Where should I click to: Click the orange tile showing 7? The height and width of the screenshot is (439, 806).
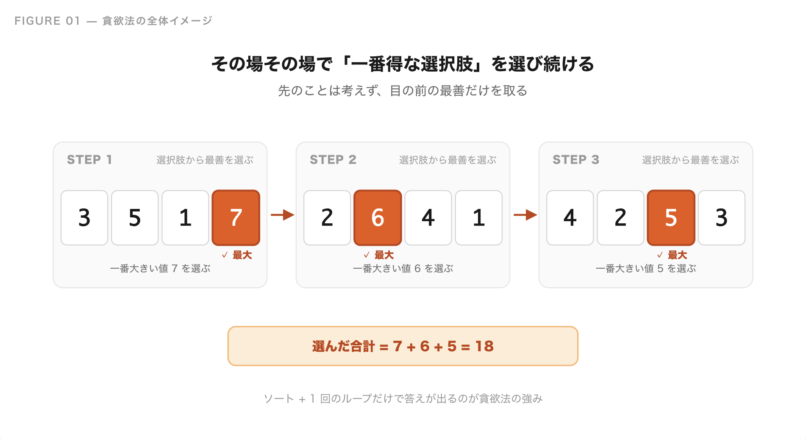236,218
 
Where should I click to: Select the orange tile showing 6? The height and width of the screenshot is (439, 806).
378,218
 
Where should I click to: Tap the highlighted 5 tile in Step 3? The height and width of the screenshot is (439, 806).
671,218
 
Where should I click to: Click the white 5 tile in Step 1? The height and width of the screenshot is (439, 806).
135,218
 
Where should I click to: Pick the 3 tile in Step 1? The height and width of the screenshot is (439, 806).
84,218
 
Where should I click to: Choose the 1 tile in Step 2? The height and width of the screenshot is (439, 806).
479,218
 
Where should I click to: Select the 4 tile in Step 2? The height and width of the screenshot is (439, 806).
428,218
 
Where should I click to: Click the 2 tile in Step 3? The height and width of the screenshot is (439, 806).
621,218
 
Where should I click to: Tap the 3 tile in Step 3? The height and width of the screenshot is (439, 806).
722,218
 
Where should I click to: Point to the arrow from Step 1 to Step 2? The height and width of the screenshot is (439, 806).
283,215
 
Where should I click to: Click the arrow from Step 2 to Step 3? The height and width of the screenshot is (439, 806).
525,215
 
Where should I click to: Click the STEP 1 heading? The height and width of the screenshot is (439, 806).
89,160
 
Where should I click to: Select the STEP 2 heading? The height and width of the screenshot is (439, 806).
333,160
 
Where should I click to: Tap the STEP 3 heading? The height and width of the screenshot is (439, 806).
576,160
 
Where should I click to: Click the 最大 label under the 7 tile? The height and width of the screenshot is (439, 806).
242,255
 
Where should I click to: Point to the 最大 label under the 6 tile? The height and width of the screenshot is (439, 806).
384,255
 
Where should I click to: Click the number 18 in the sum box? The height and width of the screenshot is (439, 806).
484,346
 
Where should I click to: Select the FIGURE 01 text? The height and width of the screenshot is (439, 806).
47,21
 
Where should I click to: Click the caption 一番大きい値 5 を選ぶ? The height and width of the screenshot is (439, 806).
646,269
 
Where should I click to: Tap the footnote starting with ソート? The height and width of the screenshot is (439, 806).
403,399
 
